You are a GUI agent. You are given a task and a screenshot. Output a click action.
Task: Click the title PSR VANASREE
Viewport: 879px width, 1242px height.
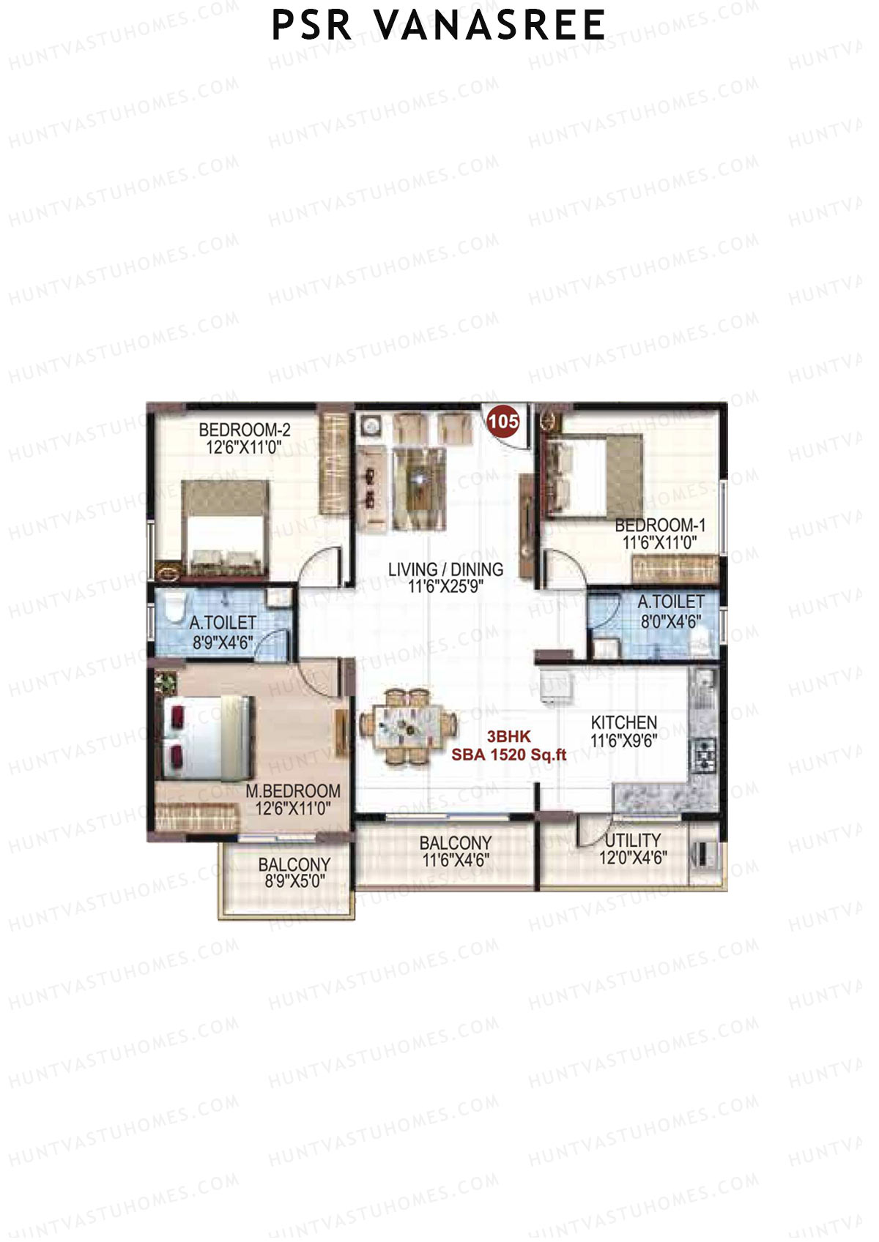click(x=438, y=25)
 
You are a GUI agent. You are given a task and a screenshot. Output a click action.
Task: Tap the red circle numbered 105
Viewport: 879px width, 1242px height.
click(x=503, y=422)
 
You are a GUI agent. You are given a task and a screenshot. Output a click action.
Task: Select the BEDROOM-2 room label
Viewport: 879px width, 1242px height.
click(x=245, y=430)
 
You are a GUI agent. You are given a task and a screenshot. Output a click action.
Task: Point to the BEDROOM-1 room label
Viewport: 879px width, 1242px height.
click(x=660, y=525)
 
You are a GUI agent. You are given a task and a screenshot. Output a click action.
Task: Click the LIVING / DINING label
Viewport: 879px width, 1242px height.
click(x=445, y=569)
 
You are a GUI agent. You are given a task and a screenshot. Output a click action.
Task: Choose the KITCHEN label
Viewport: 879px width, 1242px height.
click(x=624, y=722)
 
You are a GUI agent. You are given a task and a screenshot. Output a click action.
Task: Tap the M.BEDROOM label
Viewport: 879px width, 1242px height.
click(x=293, y=791)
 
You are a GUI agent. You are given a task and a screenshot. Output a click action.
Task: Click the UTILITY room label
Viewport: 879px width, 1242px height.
click(x=632, y=840)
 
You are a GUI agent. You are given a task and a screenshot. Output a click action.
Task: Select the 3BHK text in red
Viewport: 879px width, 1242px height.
click(x=508, y=738)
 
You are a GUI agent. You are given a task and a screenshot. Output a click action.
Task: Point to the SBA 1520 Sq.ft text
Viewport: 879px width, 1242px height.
click(x=508, y=755)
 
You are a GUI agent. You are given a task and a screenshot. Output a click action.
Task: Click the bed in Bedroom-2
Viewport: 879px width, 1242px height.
click(x=223, y=528)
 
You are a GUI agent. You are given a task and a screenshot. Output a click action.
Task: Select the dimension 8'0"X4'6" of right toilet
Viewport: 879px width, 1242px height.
click(x=671, y=621)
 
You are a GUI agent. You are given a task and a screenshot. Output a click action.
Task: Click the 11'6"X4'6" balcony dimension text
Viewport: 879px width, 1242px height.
click(x=456, y=861)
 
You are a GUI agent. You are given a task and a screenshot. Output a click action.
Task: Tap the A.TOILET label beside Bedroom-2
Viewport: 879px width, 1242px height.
click(x=223, y=623)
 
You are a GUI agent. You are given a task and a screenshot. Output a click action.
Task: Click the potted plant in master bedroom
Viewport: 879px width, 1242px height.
click(x=166, y=683)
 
